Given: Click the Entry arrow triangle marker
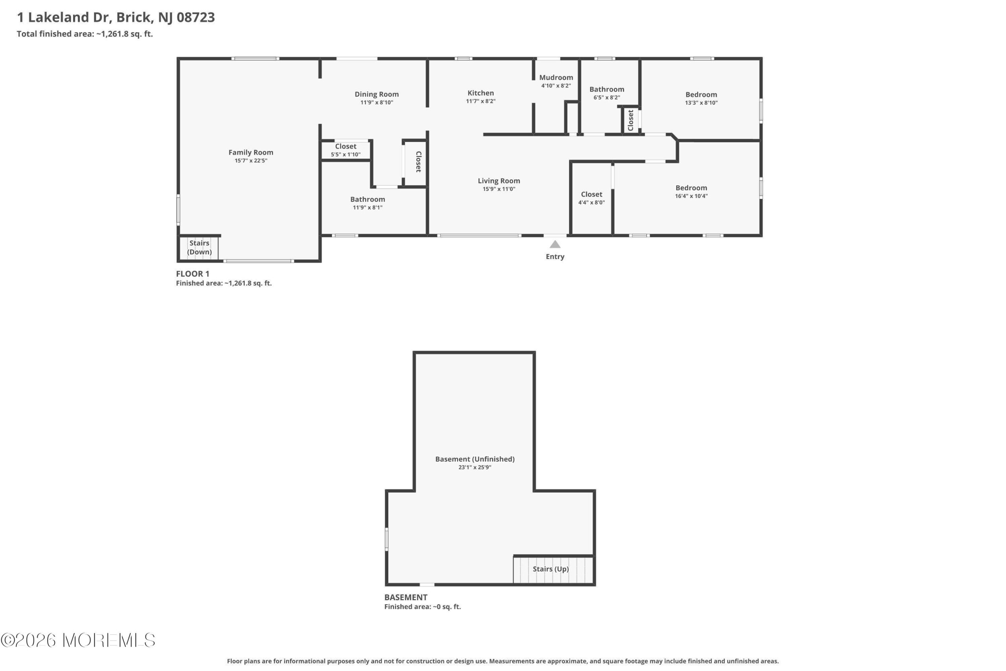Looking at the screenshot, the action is (555, 245).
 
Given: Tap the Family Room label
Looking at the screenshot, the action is (251, 153).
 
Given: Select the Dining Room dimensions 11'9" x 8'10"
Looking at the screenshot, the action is (376, 103).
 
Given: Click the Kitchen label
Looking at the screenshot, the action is (480, 93).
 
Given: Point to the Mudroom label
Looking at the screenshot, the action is (556, 77).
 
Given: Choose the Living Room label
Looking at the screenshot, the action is (499, 181).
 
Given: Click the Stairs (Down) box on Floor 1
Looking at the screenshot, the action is (199, 247).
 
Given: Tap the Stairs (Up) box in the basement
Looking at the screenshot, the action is (553, 569).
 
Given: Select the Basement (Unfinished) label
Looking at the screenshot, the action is (475, 459).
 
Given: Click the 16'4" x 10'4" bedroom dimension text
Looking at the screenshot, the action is (691, 197).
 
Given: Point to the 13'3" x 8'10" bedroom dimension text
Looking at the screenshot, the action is (701, 103).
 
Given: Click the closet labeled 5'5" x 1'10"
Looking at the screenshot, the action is (345, 150).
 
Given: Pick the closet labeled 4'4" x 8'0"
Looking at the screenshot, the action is (591, 198).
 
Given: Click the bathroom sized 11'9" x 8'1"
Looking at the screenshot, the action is (368, 203).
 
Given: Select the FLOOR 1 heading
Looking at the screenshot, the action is (193, 274).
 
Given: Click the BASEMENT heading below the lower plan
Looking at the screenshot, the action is (406, 597).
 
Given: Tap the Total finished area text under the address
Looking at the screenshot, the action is (85, 34).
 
